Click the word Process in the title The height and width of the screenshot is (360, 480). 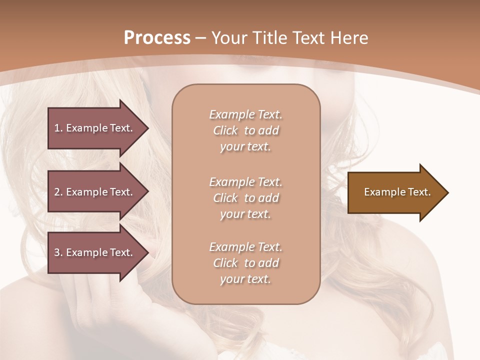[x=157, y=38]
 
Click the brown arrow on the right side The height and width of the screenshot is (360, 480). [x=395, y=192]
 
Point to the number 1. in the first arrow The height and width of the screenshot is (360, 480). [x=58, y=128]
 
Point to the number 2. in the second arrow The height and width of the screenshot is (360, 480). [x=58, y=192]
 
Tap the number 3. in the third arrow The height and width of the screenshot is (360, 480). [x=58, y=252]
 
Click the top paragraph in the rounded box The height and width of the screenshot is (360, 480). [x=245, y=130]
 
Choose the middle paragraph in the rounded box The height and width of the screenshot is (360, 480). [x=245, y=198]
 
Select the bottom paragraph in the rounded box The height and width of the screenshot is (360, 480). [x=245, y=263]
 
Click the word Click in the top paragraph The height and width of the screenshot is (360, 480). [x=225, y=130]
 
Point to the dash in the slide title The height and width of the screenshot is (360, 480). [x=201, y=38]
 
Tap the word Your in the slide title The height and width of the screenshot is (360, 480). [x=230, y=38]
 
